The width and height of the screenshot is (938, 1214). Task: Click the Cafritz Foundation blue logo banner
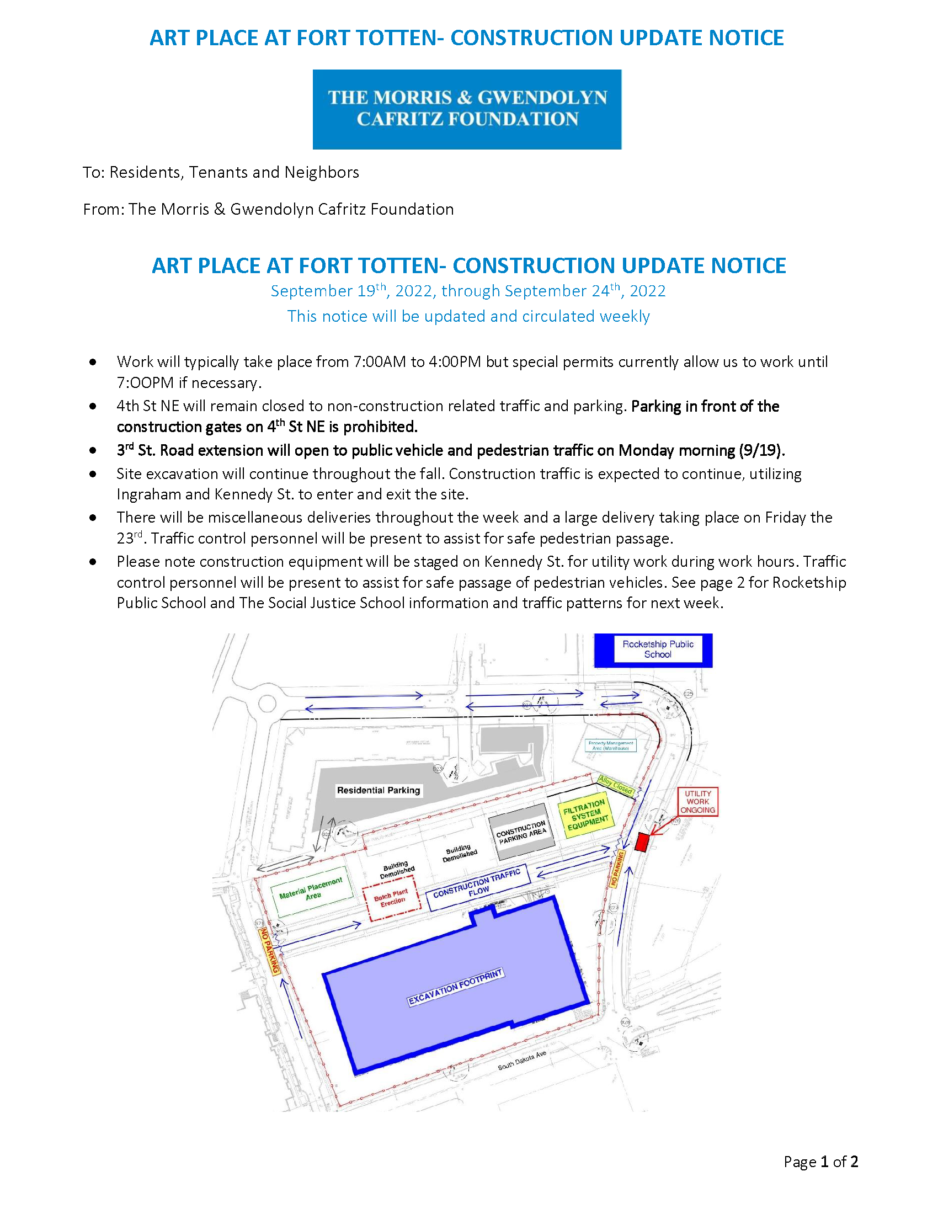467,109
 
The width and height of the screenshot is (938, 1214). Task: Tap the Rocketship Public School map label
657,649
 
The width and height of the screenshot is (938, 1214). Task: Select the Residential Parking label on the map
379,790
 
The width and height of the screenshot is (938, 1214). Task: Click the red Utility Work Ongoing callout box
697,802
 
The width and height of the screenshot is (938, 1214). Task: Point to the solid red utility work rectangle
642,842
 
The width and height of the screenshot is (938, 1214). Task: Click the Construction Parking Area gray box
521,833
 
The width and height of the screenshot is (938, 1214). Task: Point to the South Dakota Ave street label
522,1060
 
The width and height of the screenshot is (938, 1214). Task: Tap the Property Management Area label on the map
611,746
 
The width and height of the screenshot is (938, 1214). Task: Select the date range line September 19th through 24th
468,291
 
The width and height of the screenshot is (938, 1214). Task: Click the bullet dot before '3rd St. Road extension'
93,450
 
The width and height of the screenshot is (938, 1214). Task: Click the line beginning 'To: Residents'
221,172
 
